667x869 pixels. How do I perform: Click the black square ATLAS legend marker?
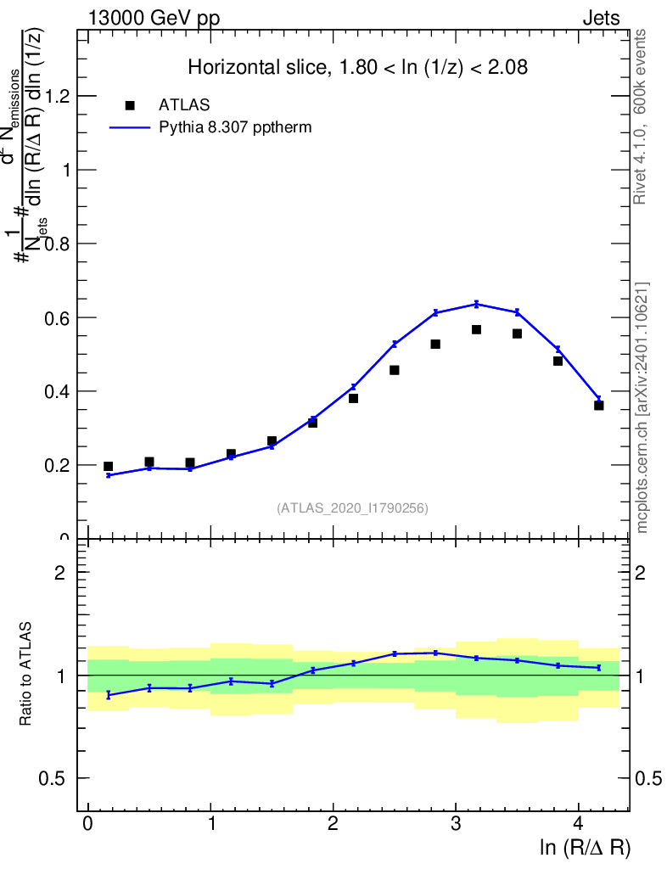pos(130,105)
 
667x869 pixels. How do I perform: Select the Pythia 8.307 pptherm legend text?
pos(235,128)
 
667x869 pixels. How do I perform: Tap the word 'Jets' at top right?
pos(600,19)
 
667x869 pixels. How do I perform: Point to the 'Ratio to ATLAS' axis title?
pos(27,675)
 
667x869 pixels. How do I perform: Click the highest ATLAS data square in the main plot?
pos(476,329)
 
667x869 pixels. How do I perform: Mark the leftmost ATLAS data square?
pos(109,466)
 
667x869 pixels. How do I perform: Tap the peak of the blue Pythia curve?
pos(476,304)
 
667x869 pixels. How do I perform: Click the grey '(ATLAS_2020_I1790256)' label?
pos(352,508)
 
